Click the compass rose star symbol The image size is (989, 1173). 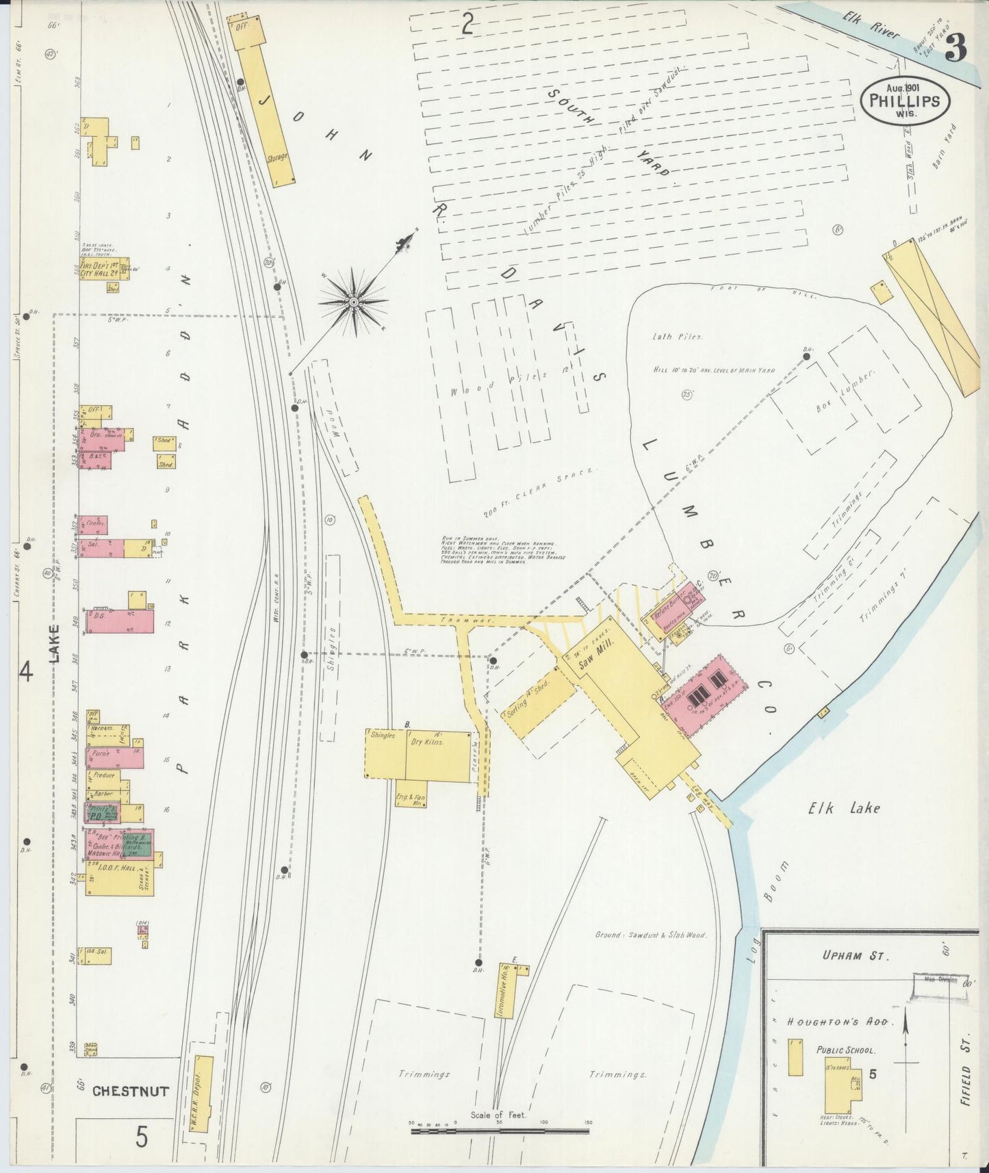354,302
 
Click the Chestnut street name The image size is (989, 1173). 130,1092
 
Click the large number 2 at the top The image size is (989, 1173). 467,25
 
